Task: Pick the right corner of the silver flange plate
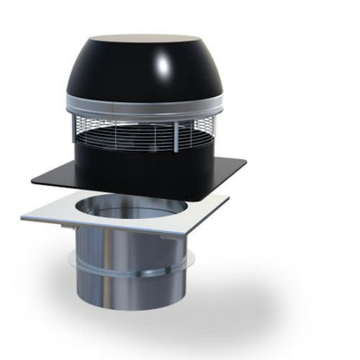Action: coord(227,198)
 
